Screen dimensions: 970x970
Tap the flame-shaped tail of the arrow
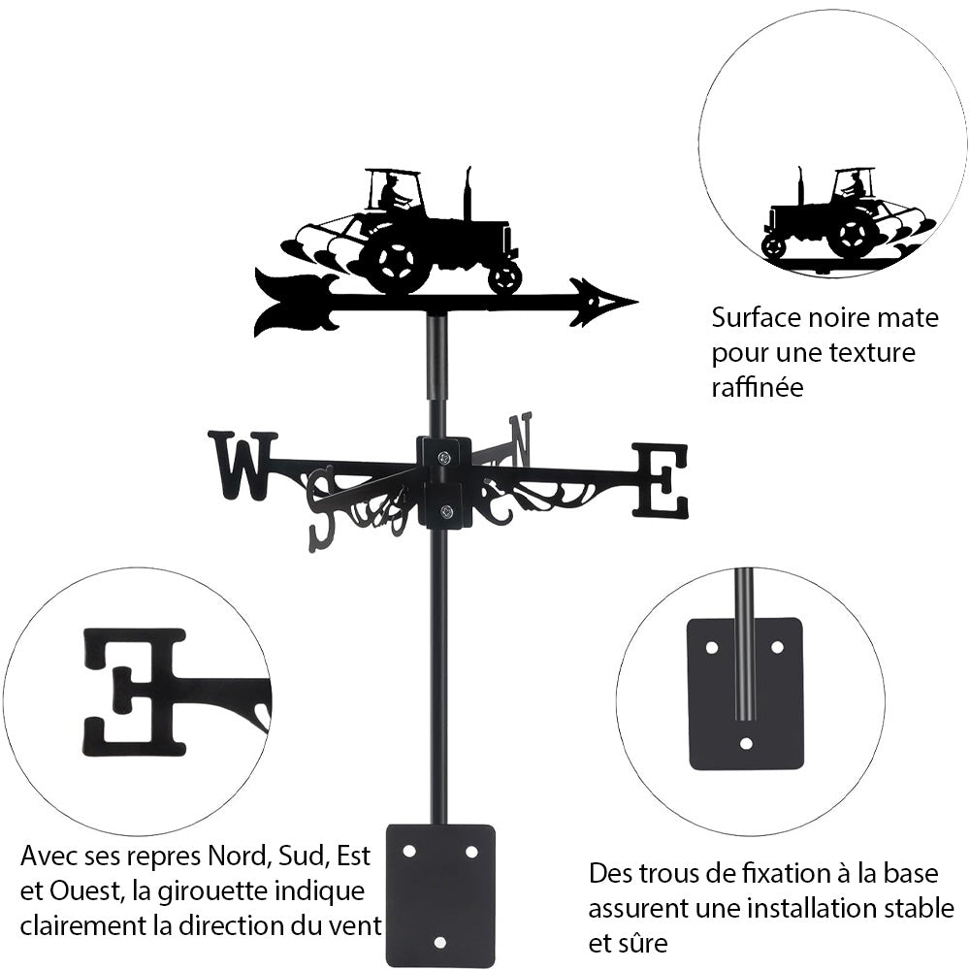point(291,303)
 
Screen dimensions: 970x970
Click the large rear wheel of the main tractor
point(396,260)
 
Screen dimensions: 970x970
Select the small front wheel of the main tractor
point(504,277)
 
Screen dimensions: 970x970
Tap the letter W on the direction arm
point(242,466)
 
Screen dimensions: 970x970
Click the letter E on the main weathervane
point(661,480)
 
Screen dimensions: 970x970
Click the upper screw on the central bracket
point(443,459)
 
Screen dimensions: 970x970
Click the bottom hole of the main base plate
point(440,941)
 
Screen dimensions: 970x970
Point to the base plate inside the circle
point(745,693)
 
